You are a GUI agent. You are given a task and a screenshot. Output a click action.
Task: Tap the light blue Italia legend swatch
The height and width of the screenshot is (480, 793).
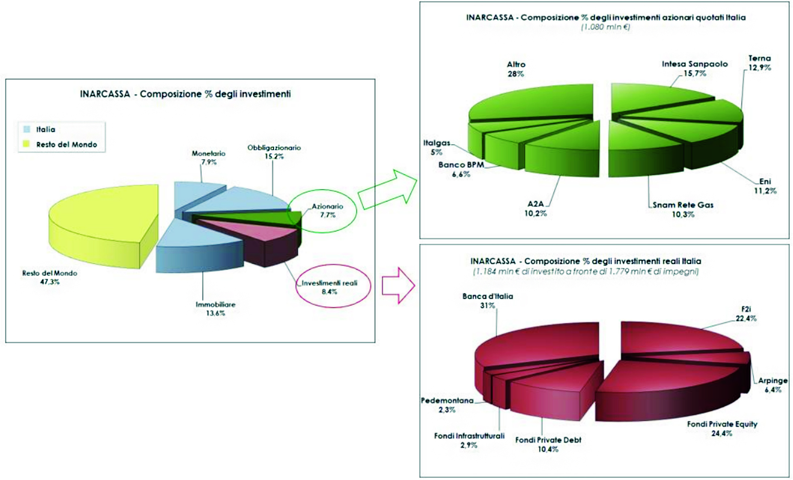point(27,129)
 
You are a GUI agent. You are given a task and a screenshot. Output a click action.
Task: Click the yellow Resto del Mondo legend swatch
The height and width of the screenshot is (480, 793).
point(27,144)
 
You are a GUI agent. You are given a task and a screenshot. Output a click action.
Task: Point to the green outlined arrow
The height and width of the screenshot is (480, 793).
point(388,189)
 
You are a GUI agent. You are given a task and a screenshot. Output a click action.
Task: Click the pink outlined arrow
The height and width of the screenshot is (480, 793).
point(399,285)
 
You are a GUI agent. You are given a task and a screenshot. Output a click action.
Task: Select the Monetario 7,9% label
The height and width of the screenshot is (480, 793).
point(209,158)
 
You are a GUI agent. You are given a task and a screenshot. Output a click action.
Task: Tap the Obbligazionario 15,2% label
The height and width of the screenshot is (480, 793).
point(274,152)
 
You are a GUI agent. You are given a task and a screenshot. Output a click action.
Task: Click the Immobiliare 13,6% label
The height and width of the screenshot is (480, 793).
point(216,308)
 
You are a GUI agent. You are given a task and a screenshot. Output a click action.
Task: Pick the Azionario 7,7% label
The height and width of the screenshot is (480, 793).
point(327,210)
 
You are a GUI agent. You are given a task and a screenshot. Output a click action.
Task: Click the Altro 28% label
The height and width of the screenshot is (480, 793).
point(516,69)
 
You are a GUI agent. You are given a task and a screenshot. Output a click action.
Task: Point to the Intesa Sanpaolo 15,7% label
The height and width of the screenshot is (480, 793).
point(695,68)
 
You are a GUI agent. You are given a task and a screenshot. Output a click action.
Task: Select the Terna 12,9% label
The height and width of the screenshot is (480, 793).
point(760,63)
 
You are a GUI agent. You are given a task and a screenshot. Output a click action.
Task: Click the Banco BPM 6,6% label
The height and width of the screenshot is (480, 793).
point(461,170)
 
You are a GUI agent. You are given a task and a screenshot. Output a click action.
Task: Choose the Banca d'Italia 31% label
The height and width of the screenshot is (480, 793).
point(487,301)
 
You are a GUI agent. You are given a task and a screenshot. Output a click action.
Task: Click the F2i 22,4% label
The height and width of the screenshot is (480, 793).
point(746,314)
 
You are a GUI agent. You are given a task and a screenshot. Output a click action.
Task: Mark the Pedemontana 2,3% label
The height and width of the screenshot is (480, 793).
point(447,405)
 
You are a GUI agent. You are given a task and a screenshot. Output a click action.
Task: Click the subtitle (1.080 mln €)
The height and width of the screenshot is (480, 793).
point(605,27)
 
